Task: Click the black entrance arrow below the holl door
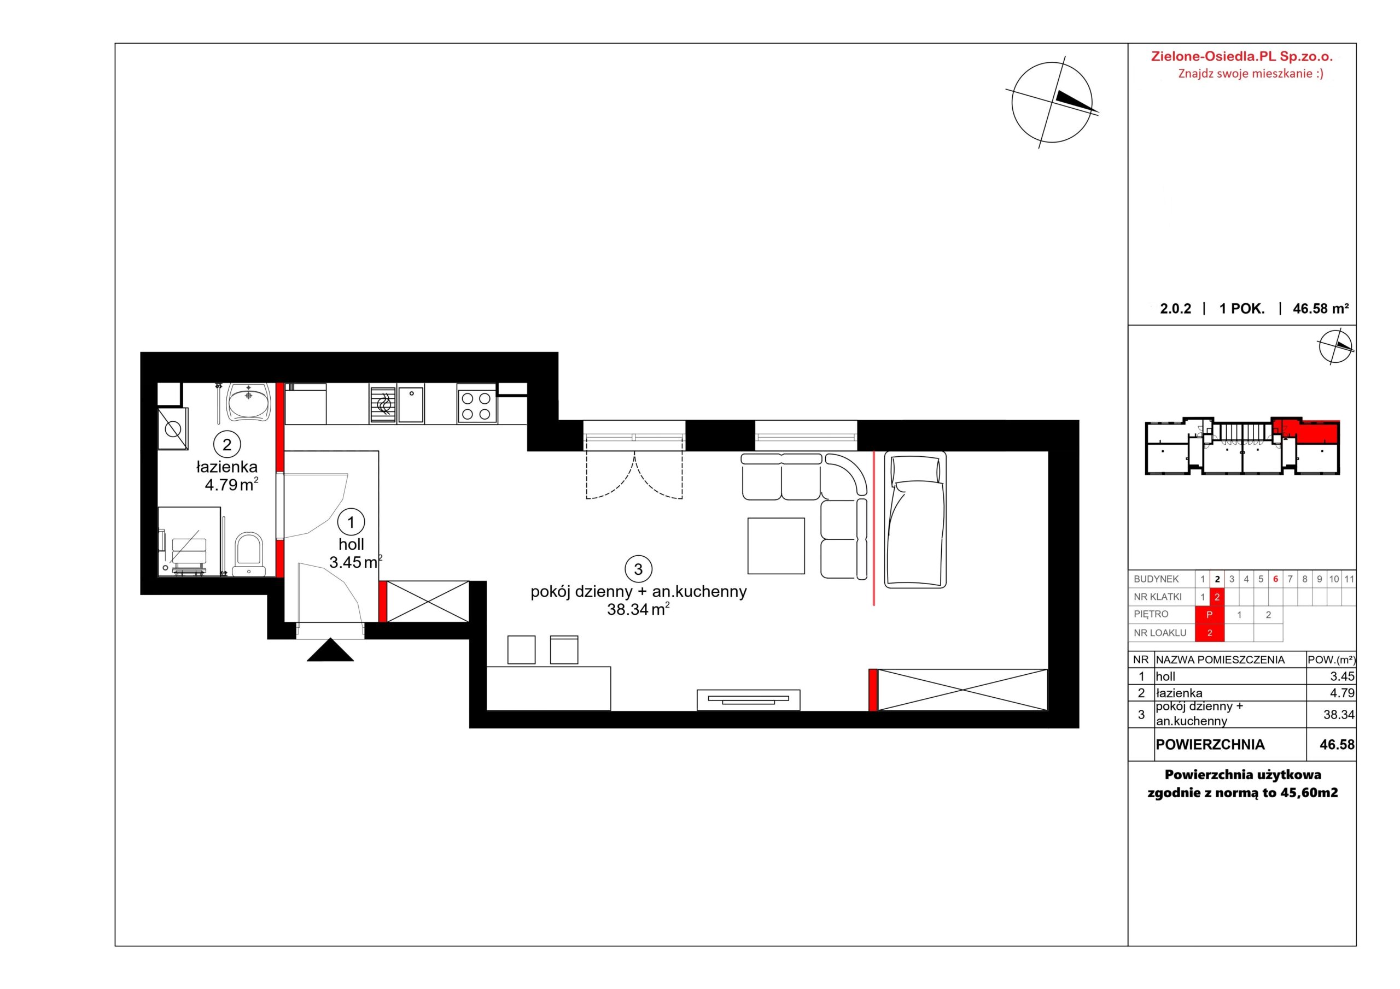pos(330,651)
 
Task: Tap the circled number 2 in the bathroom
pos(227,444)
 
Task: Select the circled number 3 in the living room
pos(638,569)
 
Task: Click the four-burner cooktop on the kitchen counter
pos(476,406)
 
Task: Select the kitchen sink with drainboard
pos(397,405)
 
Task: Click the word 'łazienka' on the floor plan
pos(227,467)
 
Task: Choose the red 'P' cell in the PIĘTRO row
pos(1210,615)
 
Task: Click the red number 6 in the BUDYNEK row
pos(1276,580)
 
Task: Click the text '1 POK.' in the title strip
pos(1242,309)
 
